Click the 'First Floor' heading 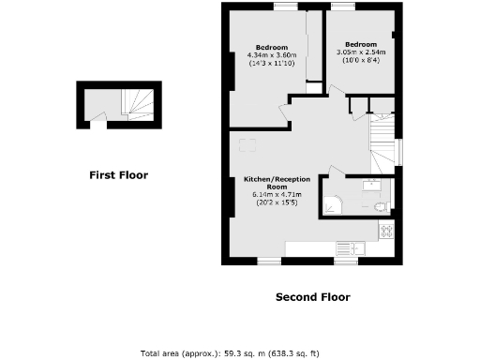(118, 174)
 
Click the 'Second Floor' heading (312, 297)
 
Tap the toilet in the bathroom (379, 205)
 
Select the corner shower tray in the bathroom (336, 201)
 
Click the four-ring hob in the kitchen (384, 230)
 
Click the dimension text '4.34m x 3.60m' (272, 55)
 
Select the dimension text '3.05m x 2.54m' (360, 52)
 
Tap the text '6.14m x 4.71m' (271, 194)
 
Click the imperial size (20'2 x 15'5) (271, 202)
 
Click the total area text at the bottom (230, 352)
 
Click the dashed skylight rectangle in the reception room (248, 144)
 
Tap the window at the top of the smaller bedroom (342, 7)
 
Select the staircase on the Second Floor (382, 141)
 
